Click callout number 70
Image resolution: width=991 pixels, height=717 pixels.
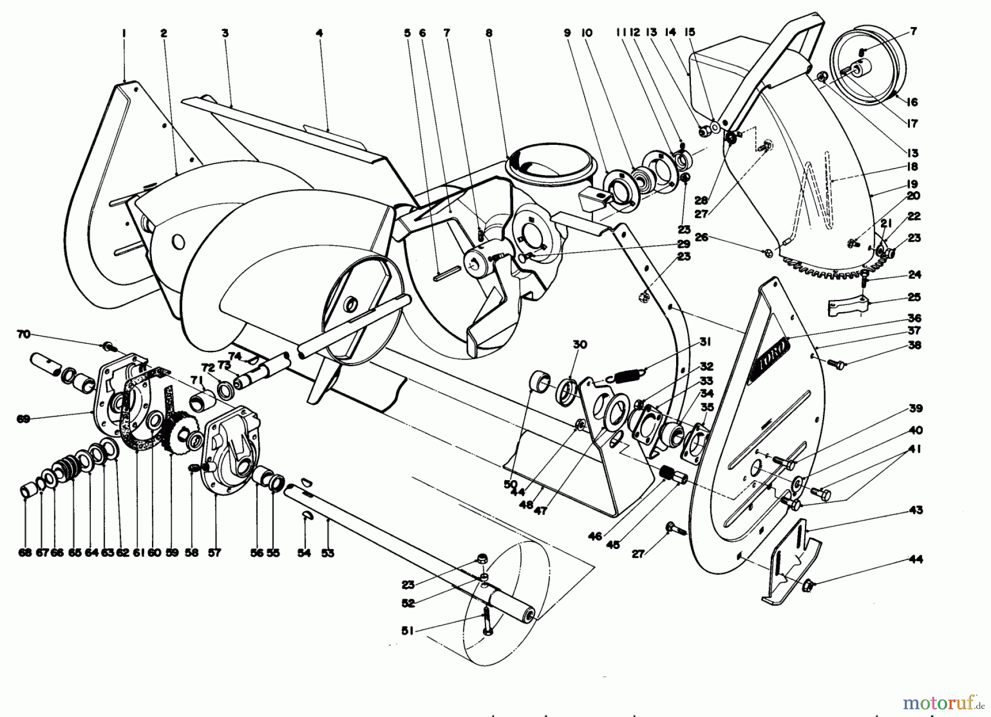pyautogui.click(x=23, y=334)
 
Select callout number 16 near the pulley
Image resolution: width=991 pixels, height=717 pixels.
pyautogui.click(x=912, y=102)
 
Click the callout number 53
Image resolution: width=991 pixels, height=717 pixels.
pyautogui.click(x=328, y=553)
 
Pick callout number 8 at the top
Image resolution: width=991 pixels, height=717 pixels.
pyautogui.click(x=489, y=33)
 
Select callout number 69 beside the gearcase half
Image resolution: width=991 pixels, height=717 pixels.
pyautogui.click(x=23, y=419)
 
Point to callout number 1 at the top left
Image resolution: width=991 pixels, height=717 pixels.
pyautogui.click(x=124, y=33)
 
